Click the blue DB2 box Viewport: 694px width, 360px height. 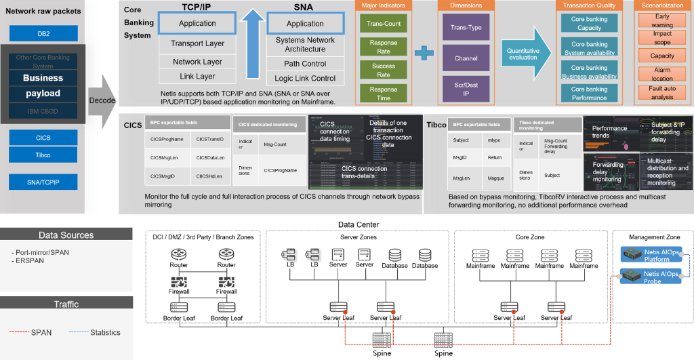click(x=43, y=33)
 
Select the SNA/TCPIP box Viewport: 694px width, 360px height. click(x=43, y=182)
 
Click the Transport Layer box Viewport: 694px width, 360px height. click(x=197, y=44)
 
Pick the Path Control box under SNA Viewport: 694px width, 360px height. click(x=305, y=64)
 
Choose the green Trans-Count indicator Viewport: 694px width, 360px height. click(x=384, y=24)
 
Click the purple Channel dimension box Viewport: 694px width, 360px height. click(x=466, y=58)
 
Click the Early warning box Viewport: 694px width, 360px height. click(x=662, y=20)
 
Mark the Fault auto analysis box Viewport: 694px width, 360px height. click(x=662, y=92)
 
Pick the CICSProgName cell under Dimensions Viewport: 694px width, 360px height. click(x=280, y=170)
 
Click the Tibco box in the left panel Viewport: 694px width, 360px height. click(x=43, y=155)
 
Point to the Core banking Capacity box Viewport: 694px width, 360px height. click(x=589, y=24)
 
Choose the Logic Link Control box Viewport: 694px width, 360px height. click(x=305, y=79)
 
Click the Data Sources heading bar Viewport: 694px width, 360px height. click(x=66, y=235)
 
